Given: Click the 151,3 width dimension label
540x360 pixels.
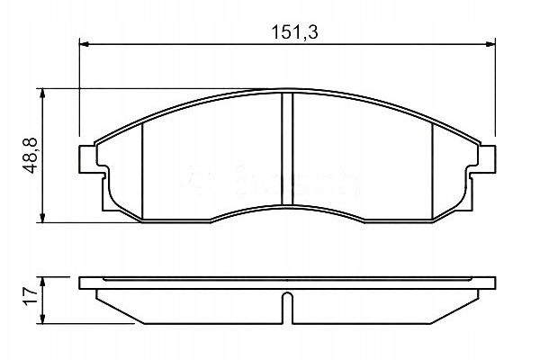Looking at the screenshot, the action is [294, 32].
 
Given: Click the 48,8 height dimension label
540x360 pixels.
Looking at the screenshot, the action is [31, 156].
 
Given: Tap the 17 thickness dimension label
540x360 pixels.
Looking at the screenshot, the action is [31, 296].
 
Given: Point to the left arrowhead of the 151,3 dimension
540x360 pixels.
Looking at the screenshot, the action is [85, 44].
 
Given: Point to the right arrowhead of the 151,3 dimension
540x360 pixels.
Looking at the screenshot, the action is [490, 44].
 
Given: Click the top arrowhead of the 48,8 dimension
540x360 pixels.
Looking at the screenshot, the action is [42, 94].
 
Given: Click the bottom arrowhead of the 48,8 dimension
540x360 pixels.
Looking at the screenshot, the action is [42, 218].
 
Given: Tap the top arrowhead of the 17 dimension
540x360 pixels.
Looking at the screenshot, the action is [42, 282].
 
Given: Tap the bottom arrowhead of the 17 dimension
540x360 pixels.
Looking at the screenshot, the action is [42, 319].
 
